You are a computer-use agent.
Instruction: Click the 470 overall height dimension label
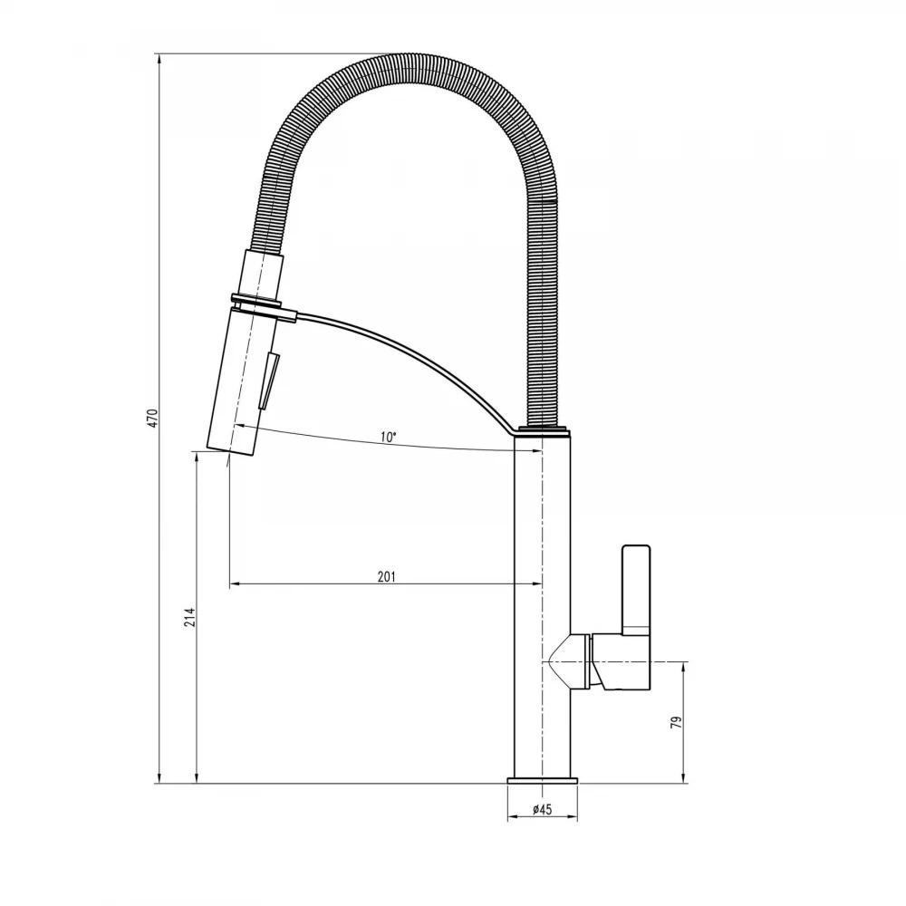(152, 418)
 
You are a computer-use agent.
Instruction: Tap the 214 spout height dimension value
(190, 617)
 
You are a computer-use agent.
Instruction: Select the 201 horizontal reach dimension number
(387, 576)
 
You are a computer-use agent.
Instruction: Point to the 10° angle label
(389, 437)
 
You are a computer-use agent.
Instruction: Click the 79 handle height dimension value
(676, 722)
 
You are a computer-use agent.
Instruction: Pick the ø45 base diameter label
(542, 809)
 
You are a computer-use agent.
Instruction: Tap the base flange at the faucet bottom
(543, 780)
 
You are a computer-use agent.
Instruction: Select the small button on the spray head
(270, 381)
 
